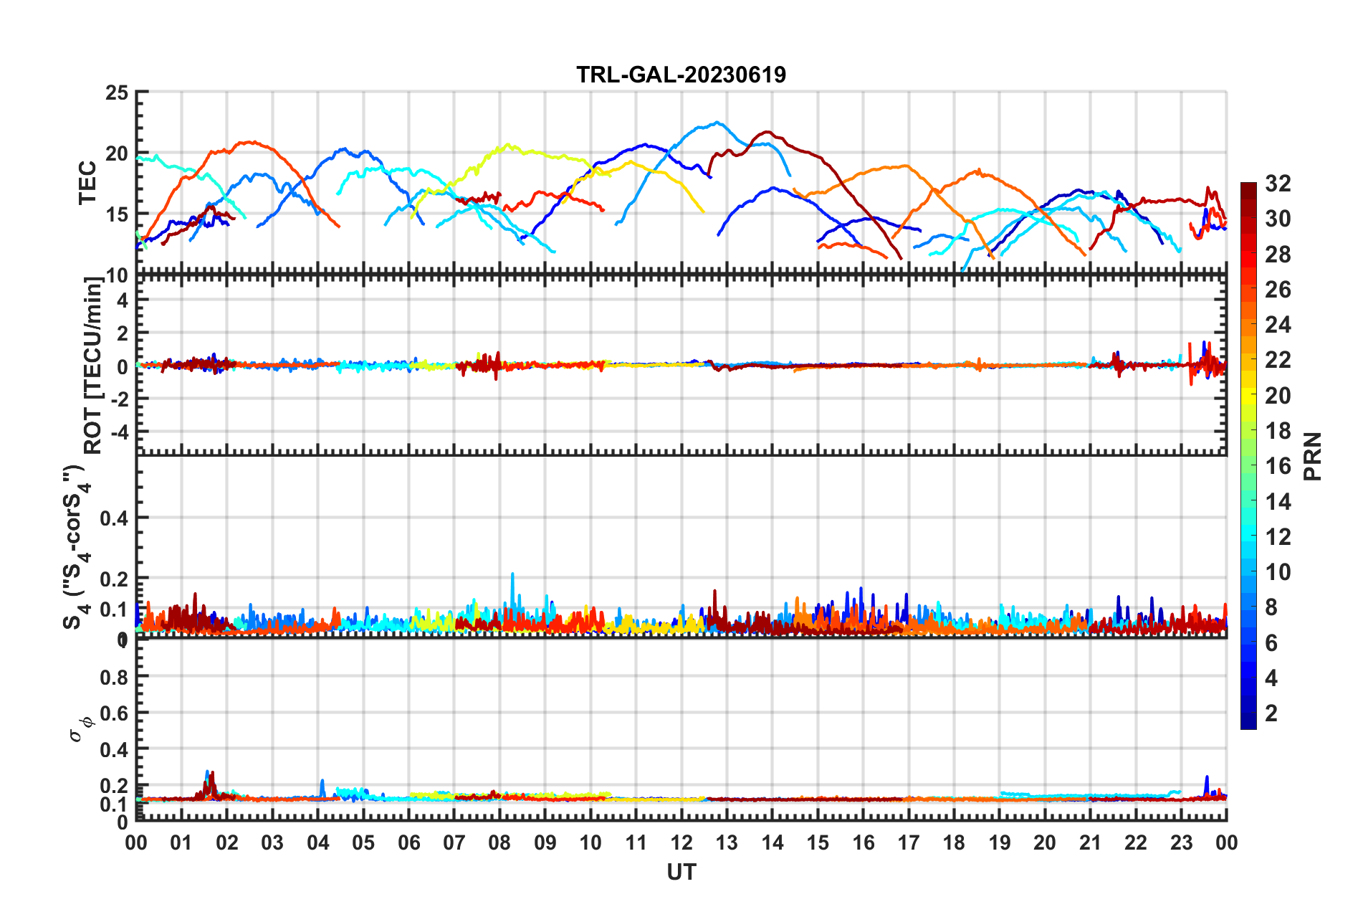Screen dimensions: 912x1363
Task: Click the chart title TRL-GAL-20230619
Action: click(x=681, y=75)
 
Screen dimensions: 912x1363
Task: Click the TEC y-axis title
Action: click(x=87, y=184)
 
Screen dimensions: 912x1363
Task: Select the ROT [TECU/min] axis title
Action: click(x=93, y=366)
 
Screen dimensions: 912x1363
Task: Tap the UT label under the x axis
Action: click(x=681, y=872)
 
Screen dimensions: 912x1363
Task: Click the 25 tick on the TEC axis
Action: click(x=117, y=93)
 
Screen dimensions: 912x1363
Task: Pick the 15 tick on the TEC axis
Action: click(x=117, y=214)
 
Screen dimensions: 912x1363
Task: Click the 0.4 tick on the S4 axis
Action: click(x=115, y=518)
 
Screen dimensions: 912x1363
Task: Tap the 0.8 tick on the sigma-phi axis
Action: click(x=115, y=677)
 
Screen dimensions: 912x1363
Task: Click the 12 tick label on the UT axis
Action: click(x=681, y=843)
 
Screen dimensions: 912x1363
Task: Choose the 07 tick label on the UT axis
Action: click(x=454, y=843)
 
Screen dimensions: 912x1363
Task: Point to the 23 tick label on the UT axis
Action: click(x=1181, y=843)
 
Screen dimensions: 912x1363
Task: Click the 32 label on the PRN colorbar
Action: click(x=1278, y=184)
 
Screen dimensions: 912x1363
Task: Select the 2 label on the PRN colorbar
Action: click(x=1271, y=713)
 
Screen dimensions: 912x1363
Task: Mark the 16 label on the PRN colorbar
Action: click(x=1278, y=467)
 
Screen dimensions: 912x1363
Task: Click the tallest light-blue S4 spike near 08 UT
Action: click(x=512, y=574)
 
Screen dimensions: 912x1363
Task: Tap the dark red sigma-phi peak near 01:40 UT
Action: click(x=212, y=774)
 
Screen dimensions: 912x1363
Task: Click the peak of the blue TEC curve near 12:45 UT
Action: click(x=717, y=123)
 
